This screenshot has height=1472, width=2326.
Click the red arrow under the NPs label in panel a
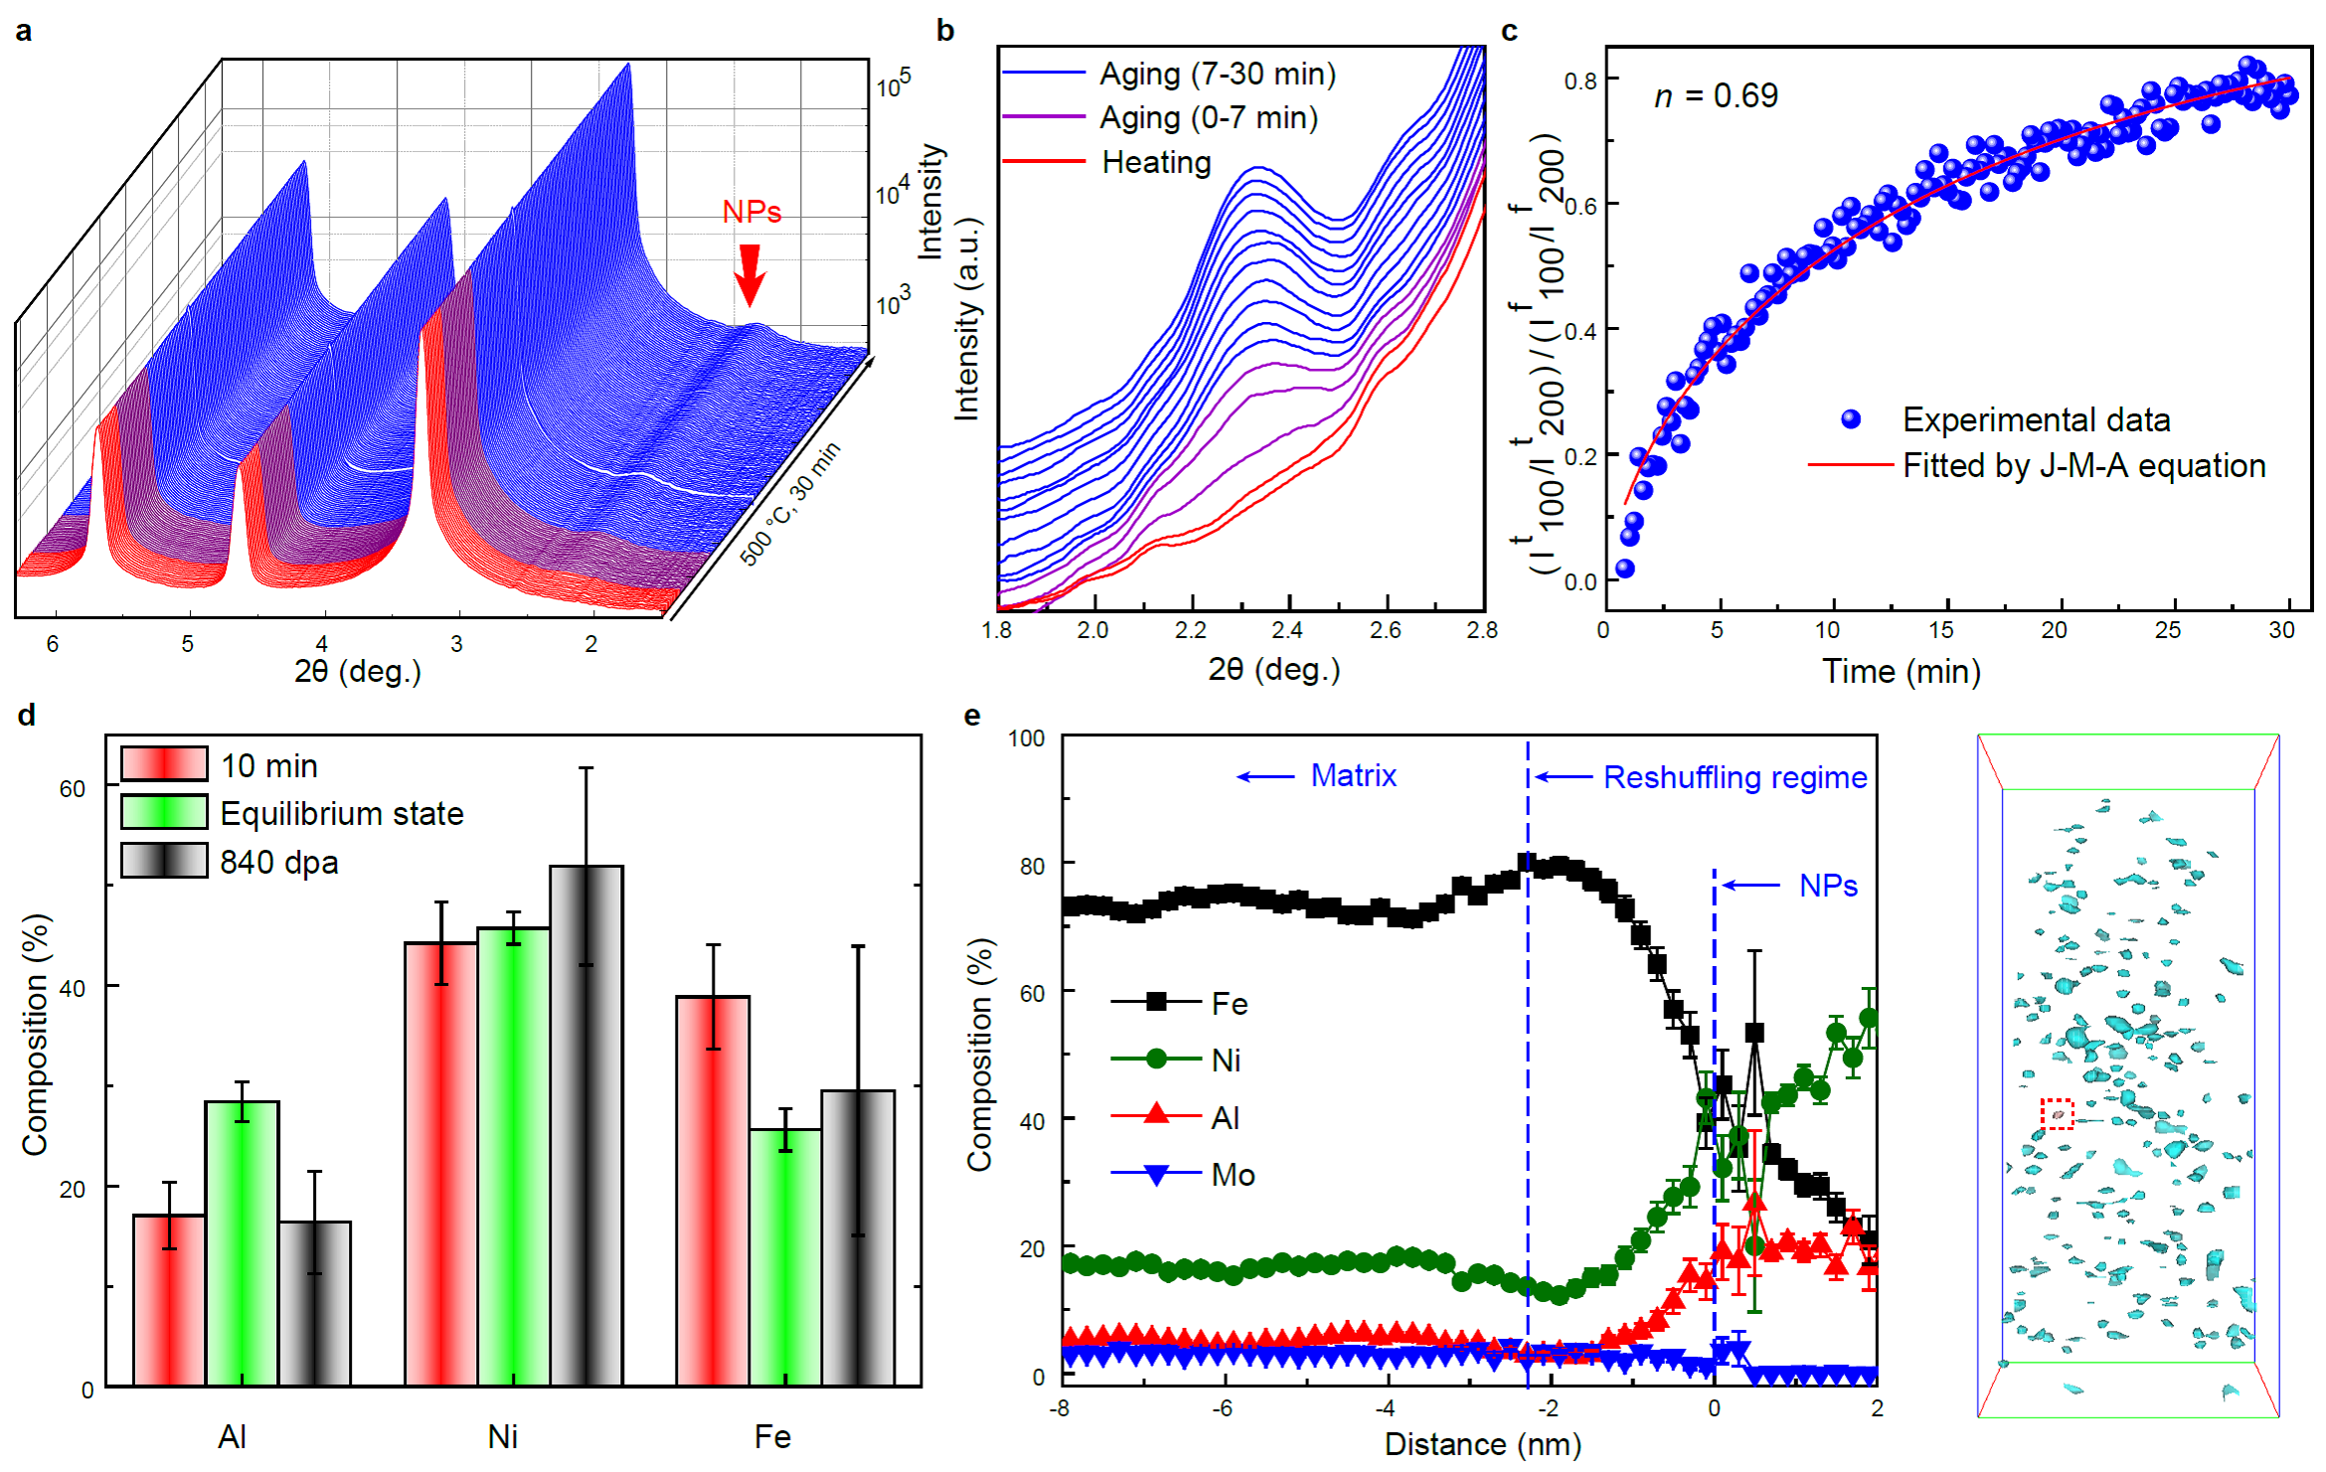click(x=750, y=273)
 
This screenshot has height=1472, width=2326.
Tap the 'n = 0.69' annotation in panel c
click(x=1716, y=95)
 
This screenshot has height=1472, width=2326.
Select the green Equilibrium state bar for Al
click(x=242, y=1242)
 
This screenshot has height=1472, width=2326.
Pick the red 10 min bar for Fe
click(x=713, y=1190)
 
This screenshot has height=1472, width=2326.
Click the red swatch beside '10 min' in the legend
click(x=164, y=764)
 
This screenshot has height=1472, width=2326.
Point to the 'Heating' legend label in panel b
click(x=1156, y=162)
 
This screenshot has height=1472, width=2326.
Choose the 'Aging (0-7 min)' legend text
click(x=1208, y=118)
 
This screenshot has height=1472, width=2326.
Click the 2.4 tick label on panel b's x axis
click(x=1287, y=630)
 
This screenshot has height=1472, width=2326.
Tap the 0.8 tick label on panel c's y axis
click(x=1580, y=81)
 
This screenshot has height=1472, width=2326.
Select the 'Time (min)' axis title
click(x=1901, y=672)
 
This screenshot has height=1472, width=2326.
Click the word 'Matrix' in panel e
click(x=1353, y=775)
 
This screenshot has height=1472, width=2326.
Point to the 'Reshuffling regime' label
click(x=1735, y=777)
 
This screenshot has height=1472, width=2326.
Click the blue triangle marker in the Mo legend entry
click(x=1156, y=1175)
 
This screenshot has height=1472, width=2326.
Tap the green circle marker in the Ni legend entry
click(x=1156, y=1060)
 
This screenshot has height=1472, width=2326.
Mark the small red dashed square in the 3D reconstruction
click(x=2057, y=1114)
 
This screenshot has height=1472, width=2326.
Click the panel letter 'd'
click(x=27, y=715)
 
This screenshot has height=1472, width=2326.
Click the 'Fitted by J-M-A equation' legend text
click(x=2083, y=466)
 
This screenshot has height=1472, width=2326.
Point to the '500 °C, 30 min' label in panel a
click(x=790, y=503)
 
